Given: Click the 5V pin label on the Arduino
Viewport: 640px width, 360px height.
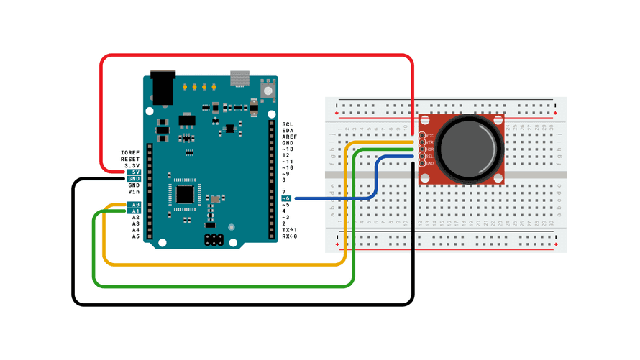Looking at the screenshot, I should (134, 172).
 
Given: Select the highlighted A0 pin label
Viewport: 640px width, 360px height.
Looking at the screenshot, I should (134, 205).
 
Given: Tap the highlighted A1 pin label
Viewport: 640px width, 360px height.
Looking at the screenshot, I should (134, 211).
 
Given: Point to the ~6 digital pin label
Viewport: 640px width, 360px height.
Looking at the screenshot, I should (286, 198).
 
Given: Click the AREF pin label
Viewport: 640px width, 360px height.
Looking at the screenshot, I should (289, 137).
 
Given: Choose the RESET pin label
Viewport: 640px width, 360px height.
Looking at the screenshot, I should (130, 160).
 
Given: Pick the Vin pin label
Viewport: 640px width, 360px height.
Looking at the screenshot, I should (134, 192).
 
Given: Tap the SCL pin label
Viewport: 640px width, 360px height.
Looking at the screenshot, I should (288, 124).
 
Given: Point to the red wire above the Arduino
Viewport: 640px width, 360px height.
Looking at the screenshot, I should (252, 55).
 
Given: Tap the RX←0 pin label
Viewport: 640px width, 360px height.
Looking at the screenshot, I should (290, 236).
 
